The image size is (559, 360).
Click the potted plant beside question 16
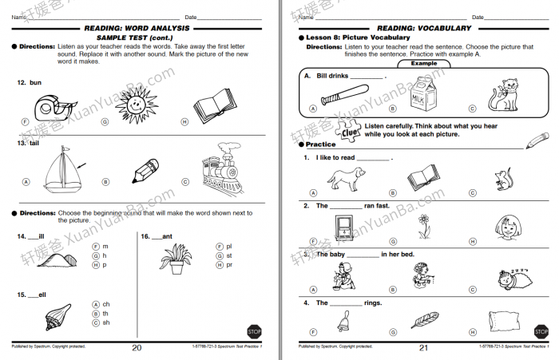(172, 257)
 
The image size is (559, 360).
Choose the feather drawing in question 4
(423, 321)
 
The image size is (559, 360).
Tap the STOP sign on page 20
(253, 330)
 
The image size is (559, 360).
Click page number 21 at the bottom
(423, 347)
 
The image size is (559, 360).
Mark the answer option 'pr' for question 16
(229, 264)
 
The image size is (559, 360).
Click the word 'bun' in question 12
(35, 83)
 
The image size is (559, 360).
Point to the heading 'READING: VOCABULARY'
(422, 28)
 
